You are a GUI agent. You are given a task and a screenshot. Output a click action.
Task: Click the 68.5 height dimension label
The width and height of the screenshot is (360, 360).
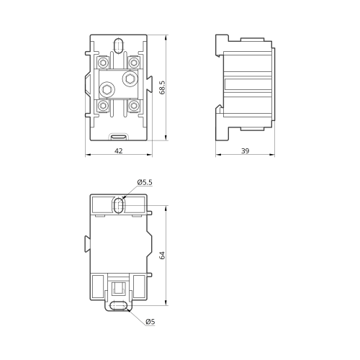pos(163,87)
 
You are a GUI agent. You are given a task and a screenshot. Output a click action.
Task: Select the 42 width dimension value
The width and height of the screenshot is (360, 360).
pos(119,150)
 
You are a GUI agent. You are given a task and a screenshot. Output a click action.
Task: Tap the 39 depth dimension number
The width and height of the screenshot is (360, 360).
pos(245,150)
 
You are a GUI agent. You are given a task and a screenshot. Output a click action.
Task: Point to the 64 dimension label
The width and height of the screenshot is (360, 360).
pos(163,255)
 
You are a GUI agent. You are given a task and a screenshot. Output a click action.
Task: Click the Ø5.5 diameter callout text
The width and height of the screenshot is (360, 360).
pos(145,182)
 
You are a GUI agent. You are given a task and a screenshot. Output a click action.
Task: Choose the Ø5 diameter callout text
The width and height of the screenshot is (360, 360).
pos(150,321)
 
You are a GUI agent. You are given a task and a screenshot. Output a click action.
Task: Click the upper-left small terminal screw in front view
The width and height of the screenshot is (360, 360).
pos(103,63)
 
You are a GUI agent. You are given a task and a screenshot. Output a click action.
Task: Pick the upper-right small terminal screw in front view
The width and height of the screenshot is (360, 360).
pos(134,63)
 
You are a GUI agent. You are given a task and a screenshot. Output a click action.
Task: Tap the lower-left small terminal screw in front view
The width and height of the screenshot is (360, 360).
pos(103,105)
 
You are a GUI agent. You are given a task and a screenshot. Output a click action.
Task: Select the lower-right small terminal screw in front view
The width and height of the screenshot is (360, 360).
pos(134,105)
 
